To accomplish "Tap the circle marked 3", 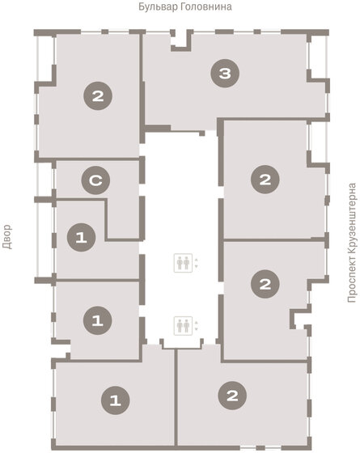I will (x=225, y=74).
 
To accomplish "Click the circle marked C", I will (x=95, y=182).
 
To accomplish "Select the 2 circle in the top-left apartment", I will (x=98, y=96).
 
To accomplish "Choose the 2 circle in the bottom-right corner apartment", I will (x=232, y=396).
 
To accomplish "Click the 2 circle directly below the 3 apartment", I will (x=265, y=180).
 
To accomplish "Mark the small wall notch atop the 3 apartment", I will (x=181, y=40).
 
